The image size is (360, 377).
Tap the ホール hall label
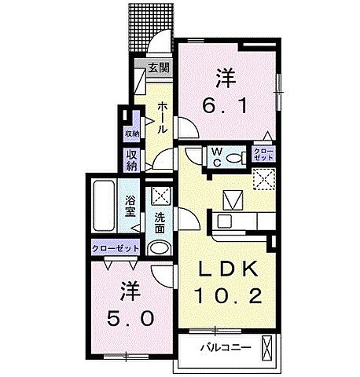pos(161,115)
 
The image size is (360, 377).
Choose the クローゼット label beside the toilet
pos(263,155)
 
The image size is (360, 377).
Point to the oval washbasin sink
pos(159,249)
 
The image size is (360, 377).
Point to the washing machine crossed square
pos(160,195)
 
